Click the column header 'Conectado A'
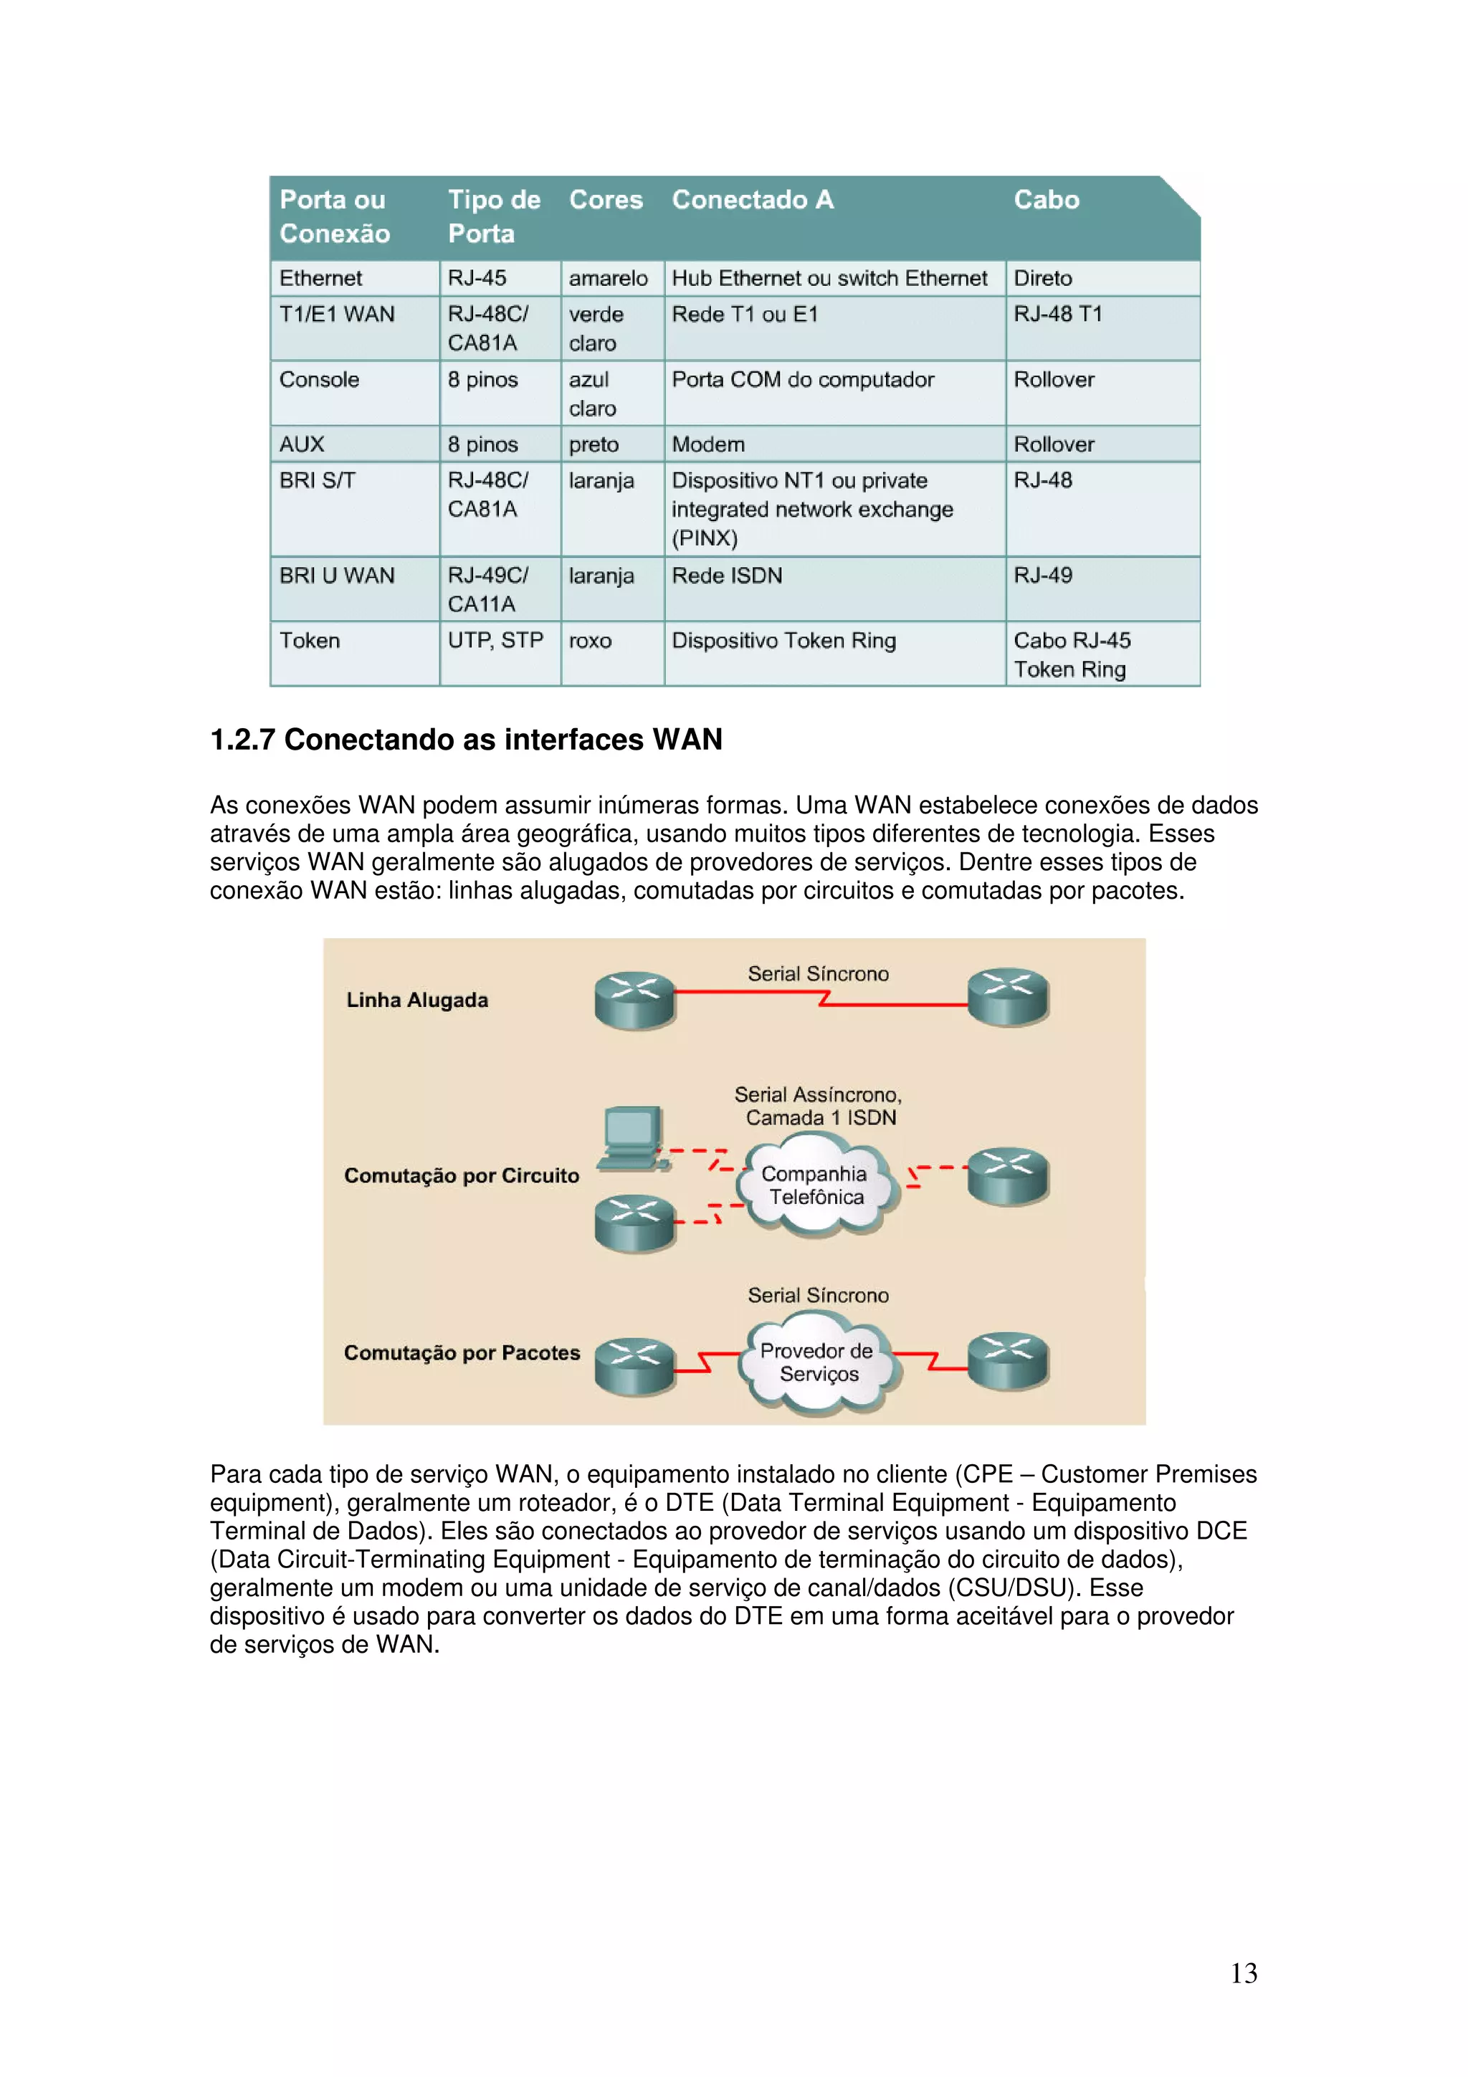click(x=753, y=200)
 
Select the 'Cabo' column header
click(x=1046, y=200)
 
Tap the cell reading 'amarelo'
click(x=608, y=279)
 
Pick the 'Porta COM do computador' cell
click(x=802, y=380)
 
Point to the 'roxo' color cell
click(x=590, y=641)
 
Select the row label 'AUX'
click(x=302, y=444)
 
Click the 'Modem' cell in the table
click(x=708, y=444)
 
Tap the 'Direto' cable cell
click(x=1043, y=279)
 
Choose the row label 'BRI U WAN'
click(x=336, y=576)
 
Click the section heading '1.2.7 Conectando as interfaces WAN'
click(x=466, y=740)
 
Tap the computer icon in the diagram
click(x=633, y=1138)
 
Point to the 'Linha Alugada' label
click(x=417, y=1000)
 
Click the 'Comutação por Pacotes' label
click(x=462, y=1352)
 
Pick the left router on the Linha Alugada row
click(x=635, y=1000)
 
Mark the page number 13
click(x=1244, y=1973)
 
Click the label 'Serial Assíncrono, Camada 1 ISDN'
click(x=819, y=1107)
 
